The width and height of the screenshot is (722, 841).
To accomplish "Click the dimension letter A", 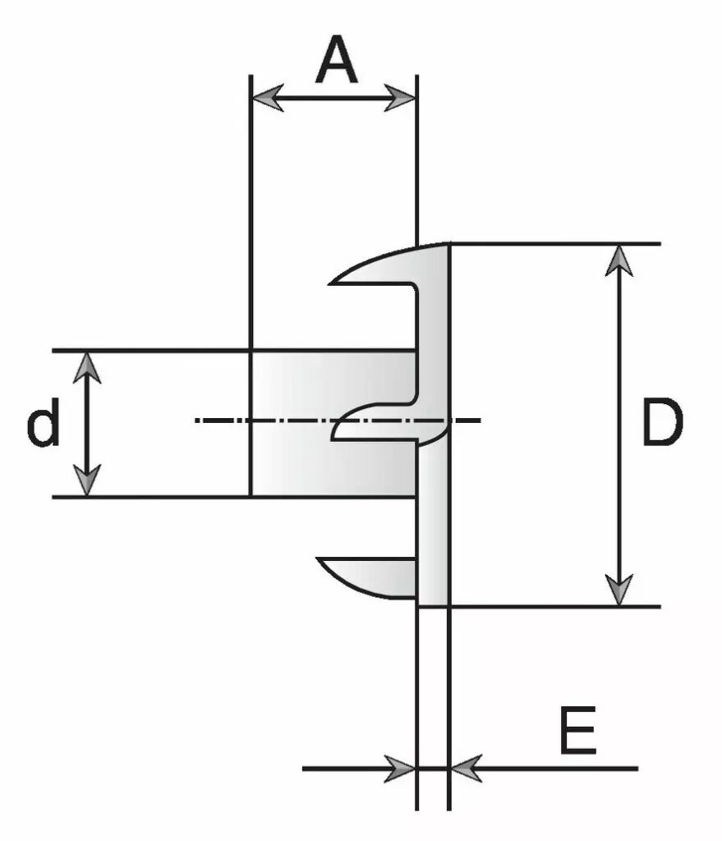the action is tap(336, 59).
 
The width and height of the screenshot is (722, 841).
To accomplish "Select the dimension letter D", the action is tap(662, 421).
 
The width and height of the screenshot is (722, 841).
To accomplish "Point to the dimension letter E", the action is tap(577, 730).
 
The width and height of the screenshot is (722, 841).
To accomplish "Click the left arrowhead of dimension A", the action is tap(268, 99).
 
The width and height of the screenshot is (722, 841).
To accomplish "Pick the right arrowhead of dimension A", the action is tap(400, 99).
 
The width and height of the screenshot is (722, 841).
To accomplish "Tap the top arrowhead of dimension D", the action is tap(619, 260).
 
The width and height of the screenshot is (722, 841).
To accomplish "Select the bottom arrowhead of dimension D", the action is tap(619, 590).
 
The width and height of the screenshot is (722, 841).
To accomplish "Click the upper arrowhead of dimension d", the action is tap(87, 367).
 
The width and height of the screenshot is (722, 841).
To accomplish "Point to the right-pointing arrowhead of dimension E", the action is tap(400, 769).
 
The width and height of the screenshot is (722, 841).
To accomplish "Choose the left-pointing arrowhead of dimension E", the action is tap(466, 769).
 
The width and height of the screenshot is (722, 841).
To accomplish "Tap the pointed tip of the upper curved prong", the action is tap(330, 283).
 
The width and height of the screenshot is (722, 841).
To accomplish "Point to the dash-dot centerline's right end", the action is tap(480, 420).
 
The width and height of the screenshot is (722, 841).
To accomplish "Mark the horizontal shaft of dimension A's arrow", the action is tap(333, 99).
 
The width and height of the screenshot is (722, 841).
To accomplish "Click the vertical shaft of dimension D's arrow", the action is tap(619, 425).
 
